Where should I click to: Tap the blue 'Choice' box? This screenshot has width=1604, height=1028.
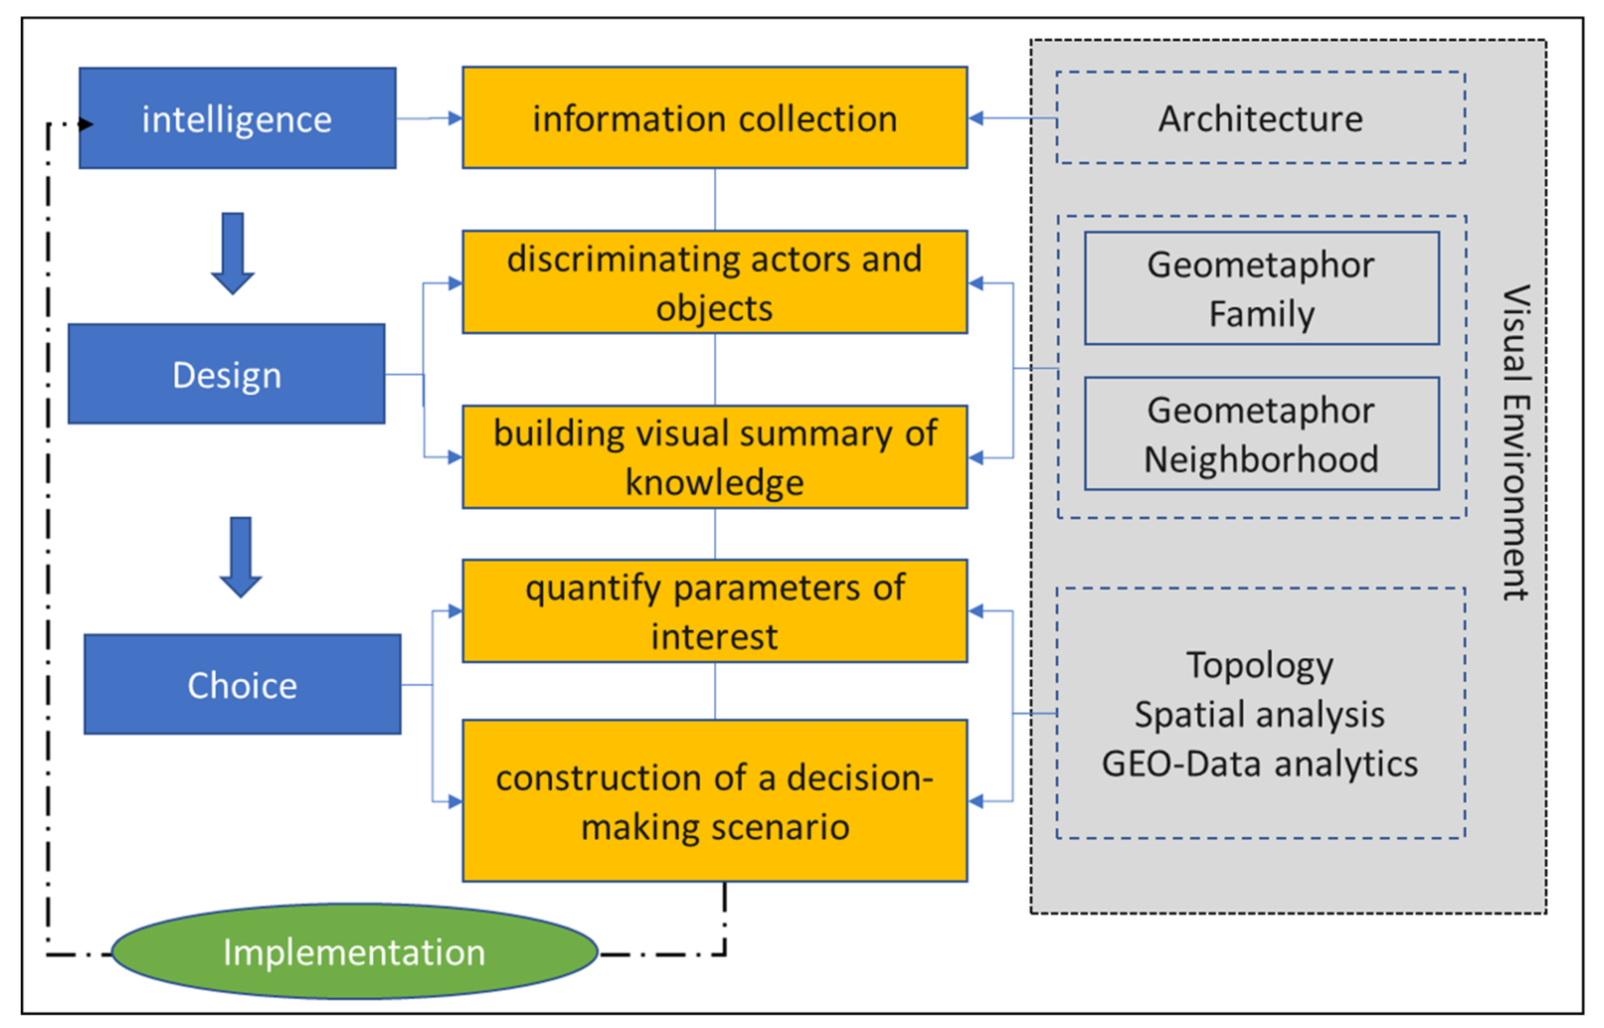(242, 684)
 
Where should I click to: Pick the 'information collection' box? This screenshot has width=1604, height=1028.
(714, 118)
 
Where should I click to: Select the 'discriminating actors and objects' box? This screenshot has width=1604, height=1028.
(714, 282)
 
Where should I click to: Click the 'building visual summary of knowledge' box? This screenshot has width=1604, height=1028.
(714, 457)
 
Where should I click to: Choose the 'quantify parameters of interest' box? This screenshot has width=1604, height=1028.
(714, 611)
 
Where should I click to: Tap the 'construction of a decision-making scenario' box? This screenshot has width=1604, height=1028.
(714, 800)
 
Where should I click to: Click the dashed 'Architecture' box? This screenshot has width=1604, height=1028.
(1260, 118)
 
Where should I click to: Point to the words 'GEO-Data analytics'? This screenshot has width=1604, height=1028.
(1260, 763)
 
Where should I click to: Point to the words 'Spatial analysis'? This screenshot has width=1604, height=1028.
(1260, 714)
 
